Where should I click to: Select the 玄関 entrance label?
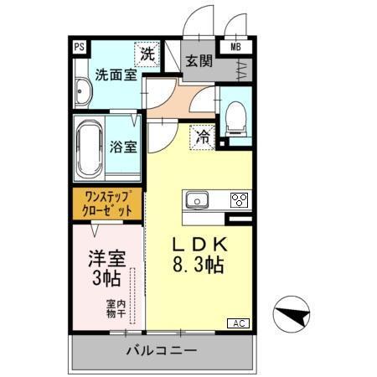coord(198,61)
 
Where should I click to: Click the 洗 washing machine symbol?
coord(147,54)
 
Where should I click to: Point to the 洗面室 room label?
coord(113,74)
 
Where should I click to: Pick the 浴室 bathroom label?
coord(123,147)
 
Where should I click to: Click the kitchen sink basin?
coord(198,200)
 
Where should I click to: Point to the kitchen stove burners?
coord(239,200)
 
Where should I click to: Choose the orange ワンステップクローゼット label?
coord(106,204)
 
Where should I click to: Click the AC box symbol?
coord(237,323)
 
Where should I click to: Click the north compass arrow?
coord(293,317)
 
